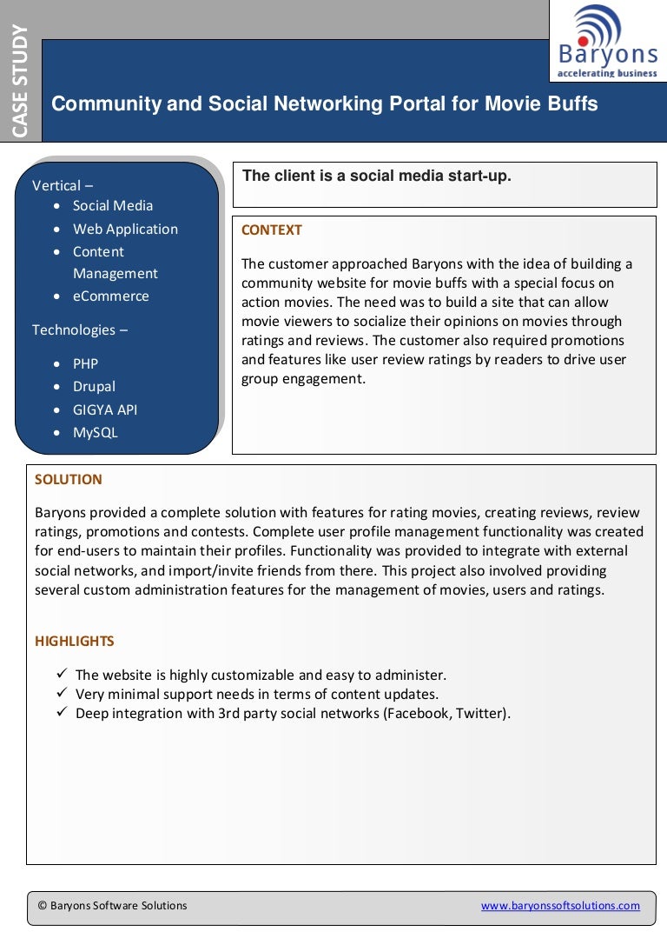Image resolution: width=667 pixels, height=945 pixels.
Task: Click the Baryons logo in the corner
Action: [x=607, y=41]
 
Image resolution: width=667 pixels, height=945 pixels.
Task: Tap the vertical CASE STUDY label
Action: [x=20, y=81]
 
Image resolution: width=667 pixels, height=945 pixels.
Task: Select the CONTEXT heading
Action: [x=271, y=230]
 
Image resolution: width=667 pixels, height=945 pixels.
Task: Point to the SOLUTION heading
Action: [x=68, y=480]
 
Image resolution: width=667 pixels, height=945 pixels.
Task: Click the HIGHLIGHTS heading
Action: [x=74, y=642]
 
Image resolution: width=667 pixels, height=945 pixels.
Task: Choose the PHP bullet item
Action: [x=85, y=364]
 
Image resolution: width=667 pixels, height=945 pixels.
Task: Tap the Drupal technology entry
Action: [x=94, y=387]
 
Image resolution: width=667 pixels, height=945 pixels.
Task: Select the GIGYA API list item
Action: [x=104, y=410]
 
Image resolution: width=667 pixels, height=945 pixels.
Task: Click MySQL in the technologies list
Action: [x=95, y=433]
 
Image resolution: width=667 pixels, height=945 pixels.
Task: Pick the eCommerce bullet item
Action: [x=110, y=296]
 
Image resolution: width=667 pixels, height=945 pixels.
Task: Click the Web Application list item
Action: [x=125, y=230]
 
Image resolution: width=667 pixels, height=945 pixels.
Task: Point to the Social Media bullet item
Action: [x=112, y=206]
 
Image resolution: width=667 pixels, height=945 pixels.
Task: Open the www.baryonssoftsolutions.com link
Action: [x=560, y=906]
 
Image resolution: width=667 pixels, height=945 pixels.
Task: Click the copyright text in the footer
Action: [x=112, y=906]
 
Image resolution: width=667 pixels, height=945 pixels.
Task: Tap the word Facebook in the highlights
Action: [x=420, y=714]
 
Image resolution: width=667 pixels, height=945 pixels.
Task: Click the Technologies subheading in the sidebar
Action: [x=73, y=330]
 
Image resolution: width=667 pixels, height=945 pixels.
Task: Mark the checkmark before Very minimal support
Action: [x=62, y=694]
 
